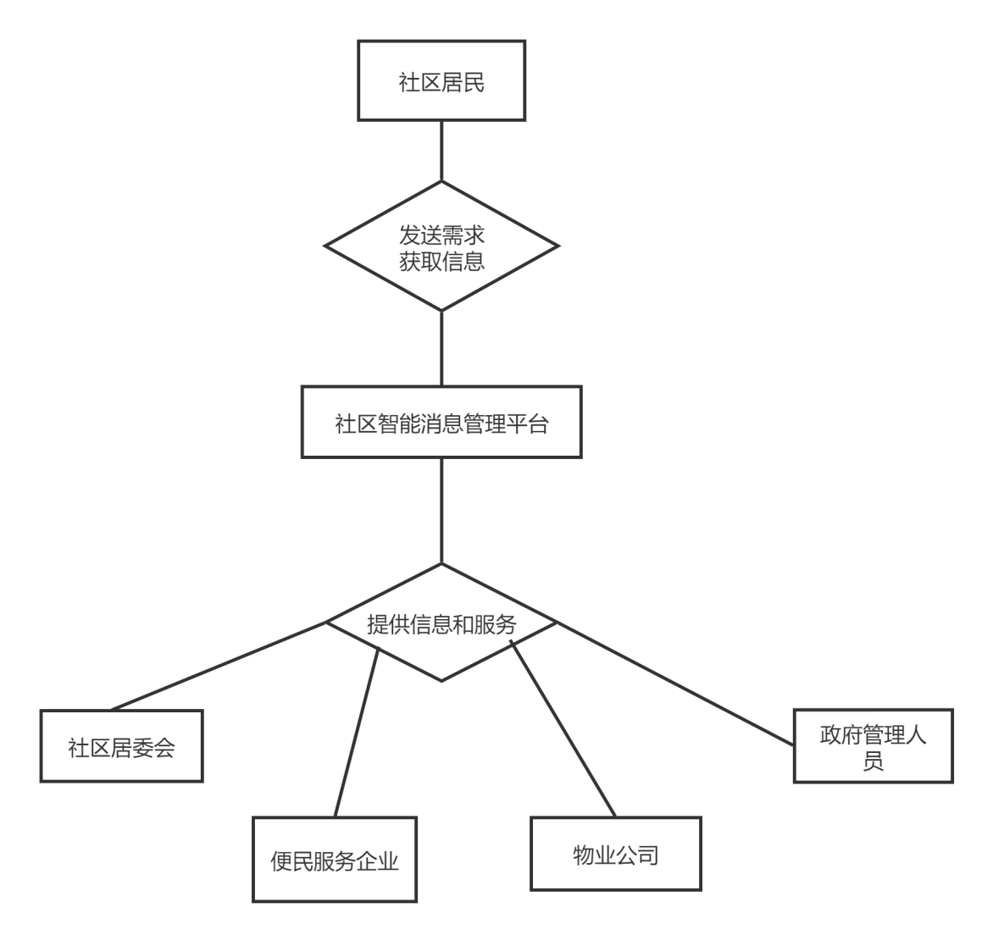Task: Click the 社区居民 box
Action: click(x=441, y=82)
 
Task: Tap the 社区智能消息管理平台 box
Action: click(x=441, y=423)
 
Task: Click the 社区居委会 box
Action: click(x=121, y=746)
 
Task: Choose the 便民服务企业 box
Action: click(x=335, y=860)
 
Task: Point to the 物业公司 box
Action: click(x=615, y=854)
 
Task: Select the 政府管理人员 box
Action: click(x=873, y=746)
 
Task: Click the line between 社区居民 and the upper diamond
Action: click(x=441, y=151)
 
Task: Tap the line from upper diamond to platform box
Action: click(x=441, y=347)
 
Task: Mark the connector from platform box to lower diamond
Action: click(x=441, y=510)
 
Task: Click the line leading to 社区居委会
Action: click(x=219, y=666)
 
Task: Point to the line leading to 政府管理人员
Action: click(x=674, y=684)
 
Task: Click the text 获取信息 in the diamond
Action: click(x=441, y=261)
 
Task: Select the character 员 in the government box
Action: click(x=873, y=761)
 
